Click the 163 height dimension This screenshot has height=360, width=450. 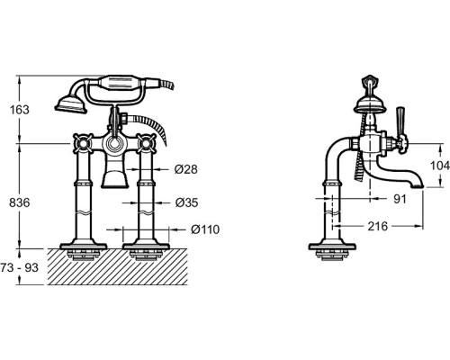[x=20, y=110]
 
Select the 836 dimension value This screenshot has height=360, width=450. [x=20, y=202]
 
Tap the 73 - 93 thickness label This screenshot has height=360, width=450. [x=20, y=267]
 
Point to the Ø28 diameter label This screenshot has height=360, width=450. [x=186, y=169]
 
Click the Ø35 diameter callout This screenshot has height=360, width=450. [x=186, y=202]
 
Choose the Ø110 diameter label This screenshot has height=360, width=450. [x=205, y=229]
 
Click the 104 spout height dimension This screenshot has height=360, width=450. [x=440, y=166]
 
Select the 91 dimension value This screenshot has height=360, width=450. [x=400, y=199]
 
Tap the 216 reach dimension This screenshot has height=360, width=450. [x=378, y=226]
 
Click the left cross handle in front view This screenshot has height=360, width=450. [x=82, y=143]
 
